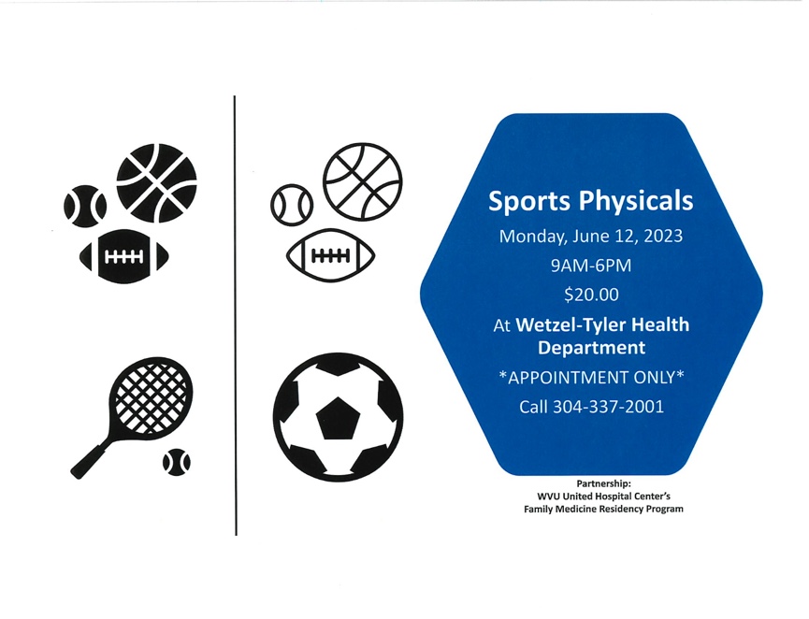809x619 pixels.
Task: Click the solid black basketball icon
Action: tap(157, 183)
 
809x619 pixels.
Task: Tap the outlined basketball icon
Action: tap(363, 182)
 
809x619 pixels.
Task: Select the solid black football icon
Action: tap(124, 256)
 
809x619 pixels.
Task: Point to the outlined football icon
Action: tap(331, 255)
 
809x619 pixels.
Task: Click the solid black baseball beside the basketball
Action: tap(85, 207)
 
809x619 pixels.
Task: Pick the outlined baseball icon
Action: tap(292, 205)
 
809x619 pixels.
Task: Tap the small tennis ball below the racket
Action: tap(177, 462)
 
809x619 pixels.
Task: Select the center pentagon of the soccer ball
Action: tap(338, 418)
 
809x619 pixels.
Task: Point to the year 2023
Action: tap(662, 237)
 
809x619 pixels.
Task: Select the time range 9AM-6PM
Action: tap(591, 266)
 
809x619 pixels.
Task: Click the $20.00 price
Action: tap(591, 295)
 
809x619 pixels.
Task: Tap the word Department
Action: tap(591, 348)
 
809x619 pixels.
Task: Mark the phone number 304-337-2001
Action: tap(608, 407)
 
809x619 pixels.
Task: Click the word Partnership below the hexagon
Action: tap(603, 483)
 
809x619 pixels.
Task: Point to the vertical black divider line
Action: tap(236, 316)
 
